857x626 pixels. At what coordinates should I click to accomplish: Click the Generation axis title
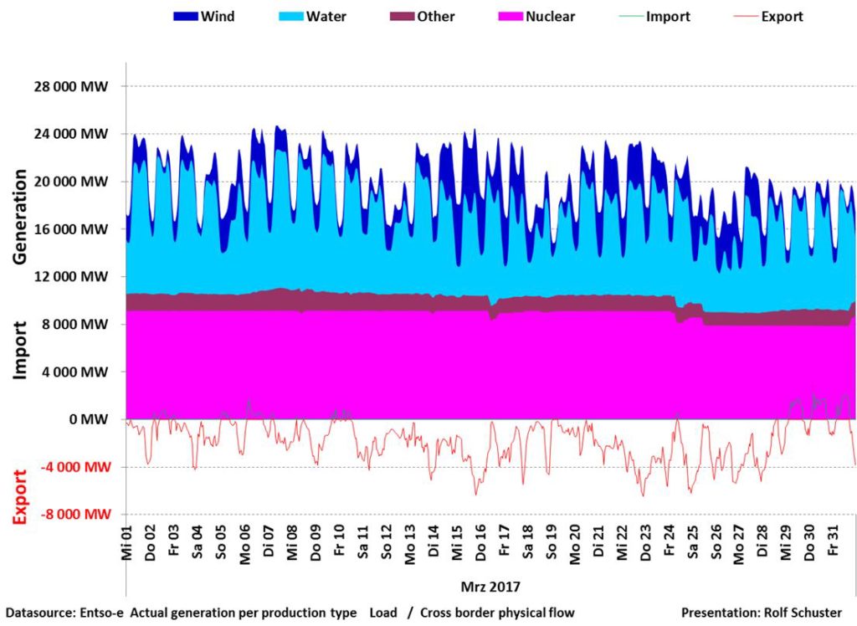point(21,218)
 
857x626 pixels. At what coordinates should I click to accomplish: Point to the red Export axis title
point(21,496)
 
